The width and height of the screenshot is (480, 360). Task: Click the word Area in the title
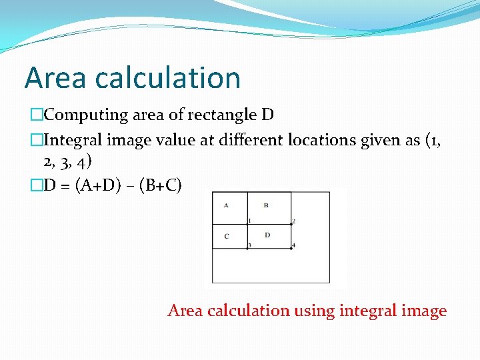[x=55, y=78]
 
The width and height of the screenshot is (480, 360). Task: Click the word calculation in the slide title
[x=167, y=78]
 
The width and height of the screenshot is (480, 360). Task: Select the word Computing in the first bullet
[x=86, y=115]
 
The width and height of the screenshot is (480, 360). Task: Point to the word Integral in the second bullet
[x=73, y=140]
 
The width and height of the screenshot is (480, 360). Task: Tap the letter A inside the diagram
[x=226, y=205]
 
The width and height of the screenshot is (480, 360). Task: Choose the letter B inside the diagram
[x=266, y=205]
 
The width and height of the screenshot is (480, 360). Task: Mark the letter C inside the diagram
[x=226, y=235]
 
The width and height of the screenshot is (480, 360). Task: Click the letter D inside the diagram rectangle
[x=267, y=235]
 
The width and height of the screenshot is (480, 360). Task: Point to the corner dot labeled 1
[x=247, y=224]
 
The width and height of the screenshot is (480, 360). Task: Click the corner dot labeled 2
[x=291, y=224]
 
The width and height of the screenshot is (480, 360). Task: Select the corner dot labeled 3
[x=247, y=248]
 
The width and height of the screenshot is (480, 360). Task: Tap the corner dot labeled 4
[x=291, y=248]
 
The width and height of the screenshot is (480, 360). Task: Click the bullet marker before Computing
[x=36, y=115]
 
